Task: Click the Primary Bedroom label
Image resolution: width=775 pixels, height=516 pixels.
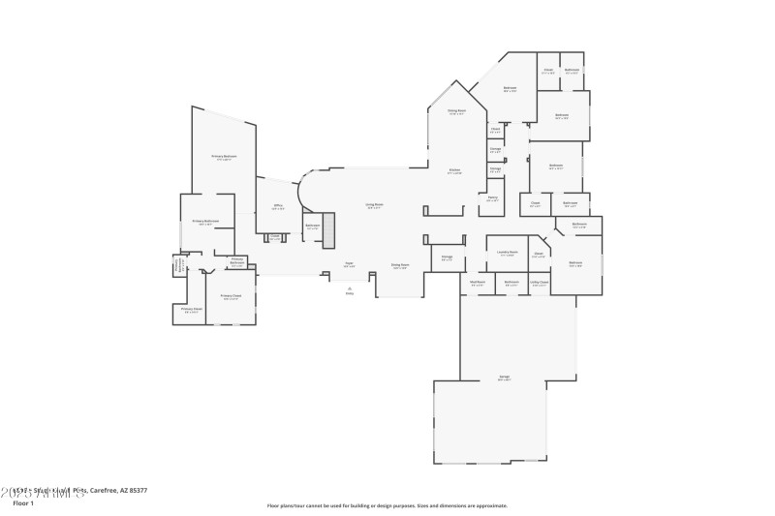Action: coord(224,157)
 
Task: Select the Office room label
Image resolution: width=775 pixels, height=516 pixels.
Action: coord(278,206)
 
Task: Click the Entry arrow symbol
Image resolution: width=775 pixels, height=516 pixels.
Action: coord(349,288)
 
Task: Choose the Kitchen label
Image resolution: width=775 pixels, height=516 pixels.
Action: coord(454,171)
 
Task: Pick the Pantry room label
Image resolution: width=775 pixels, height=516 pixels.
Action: coord(492,199)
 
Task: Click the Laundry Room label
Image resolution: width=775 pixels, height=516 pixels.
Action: coord(507,254)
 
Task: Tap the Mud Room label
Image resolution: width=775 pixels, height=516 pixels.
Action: coord(478,284)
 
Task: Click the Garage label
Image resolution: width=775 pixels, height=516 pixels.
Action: coord(505,378)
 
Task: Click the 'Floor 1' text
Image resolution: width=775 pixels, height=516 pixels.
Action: coord(22,503)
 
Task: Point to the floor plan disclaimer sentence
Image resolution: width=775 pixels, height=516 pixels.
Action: coord(387,505)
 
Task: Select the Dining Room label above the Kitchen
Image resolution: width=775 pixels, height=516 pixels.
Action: coord(456,112)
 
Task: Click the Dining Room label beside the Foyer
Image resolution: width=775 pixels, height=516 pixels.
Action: coord(400,265)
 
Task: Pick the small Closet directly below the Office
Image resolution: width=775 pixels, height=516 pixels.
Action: coord(275,237)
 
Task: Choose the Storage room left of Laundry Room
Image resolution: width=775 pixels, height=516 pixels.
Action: coord(448,258)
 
